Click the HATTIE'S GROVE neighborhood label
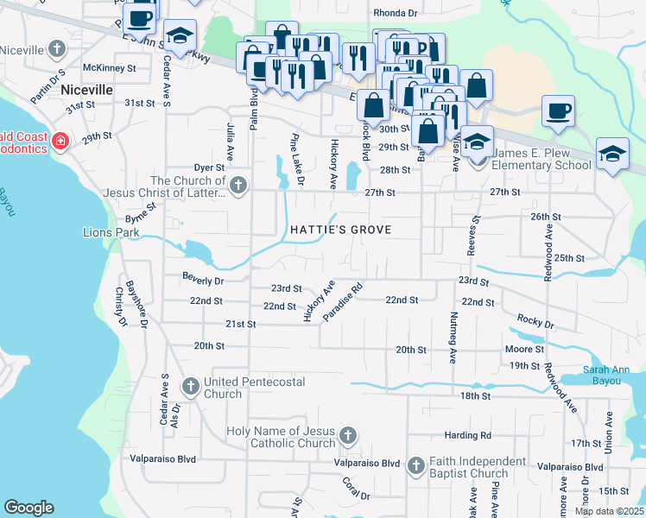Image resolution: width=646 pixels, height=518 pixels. [x=340, y=230]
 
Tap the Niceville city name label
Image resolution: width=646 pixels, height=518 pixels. [x=86, y=89]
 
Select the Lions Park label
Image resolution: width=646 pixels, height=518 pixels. [x=111, y=232]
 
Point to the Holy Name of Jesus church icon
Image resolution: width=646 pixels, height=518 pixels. [x=348, y=434]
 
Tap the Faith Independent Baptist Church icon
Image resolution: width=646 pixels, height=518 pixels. [x=415, y=466]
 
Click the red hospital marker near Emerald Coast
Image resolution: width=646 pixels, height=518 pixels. [x=60, y=141]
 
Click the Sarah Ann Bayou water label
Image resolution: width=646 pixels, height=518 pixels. [x=612, y=375]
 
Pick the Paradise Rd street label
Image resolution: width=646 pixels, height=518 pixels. [x=344, y=301]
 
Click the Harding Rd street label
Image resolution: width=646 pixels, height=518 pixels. [x=467, y=435]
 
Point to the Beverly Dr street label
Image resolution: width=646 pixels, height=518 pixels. [x=203, y=280]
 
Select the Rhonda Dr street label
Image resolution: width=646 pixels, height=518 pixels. [x=395, y=13]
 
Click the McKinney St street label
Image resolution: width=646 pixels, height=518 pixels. [x=110, y=67]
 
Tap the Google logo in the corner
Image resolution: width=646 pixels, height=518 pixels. [x=28, y=508]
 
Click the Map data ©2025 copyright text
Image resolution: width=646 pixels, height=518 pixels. [x=609, y=511]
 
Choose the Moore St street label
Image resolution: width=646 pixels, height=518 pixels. [x=524, y=350]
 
